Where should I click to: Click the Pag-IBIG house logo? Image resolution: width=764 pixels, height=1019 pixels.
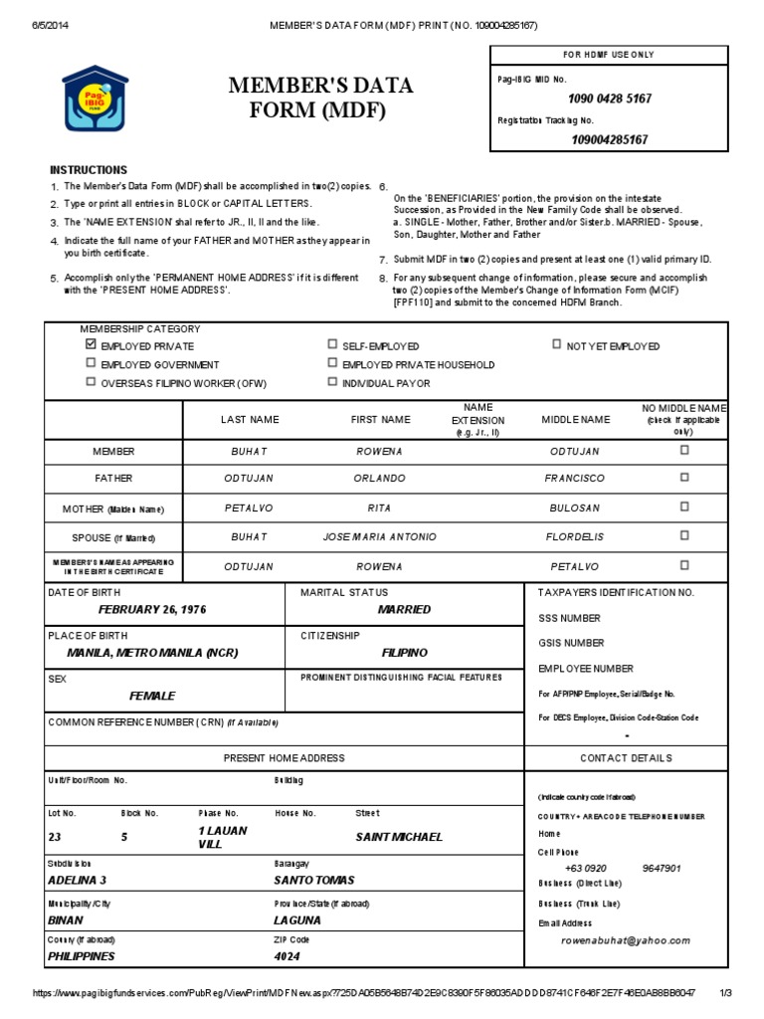click(x=95, y=99)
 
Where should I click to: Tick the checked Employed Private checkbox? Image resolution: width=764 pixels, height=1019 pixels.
click(x=92, y=344)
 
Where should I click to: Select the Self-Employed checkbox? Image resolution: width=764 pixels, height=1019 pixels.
click(x=332, y=344)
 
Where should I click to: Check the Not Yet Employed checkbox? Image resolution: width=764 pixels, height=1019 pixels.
click(x=556, y=344)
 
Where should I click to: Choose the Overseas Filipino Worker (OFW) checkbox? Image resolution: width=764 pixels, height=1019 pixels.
click(x=92, y=382)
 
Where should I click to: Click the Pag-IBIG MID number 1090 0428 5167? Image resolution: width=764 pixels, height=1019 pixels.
click(x=610, y=99)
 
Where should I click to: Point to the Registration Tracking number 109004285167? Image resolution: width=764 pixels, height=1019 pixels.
click(x=610, y=139)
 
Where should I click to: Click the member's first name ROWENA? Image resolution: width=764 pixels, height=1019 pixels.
click(x=379, y=451)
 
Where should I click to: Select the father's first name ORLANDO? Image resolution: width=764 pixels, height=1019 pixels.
click(x=379, y=479)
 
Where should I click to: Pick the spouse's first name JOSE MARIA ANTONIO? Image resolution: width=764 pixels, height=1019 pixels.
click(x=379, y=537)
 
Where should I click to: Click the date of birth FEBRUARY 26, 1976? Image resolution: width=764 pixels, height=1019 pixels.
click(x=152, y=609)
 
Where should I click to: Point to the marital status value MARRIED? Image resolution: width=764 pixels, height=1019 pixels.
click(x=405, y=609)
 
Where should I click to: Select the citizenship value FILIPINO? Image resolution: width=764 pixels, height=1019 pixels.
click(x=405, y=653)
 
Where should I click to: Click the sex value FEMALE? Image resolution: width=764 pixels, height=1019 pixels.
click(x=152, y=696)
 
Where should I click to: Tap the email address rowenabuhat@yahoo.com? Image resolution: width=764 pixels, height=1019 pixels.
click(x=625, y=940)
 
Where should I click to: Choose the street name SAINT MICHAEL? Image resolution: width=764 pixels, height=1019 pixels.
click(x=399, y=837)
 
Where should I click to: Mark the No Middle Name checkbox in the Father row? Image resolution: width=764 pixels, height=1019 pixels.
click(x=683, y=478)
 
